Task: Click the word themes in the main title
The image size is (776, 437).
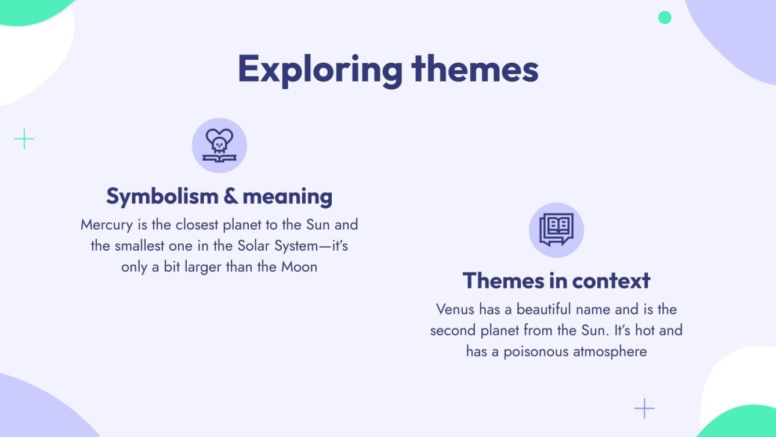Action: pos(475,69)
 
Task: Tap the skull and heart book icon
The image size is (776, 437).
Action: pos(219,145)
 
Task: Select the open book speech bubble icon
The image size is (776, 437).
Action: pos(556,230)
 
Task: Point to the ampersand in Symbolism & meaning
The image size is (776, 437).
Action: pos(230,197)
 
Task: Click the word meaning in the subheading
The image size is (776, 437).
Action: pos(288,197)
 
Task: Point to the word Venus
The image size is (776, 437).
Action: pos(455,309)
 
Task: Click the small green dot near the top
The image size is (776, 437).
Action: pos(665,17)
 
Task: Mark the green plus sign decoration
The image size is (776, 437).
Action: pos(24,139)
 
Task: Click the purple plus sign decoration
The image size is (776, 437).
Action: pos(644,409)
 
